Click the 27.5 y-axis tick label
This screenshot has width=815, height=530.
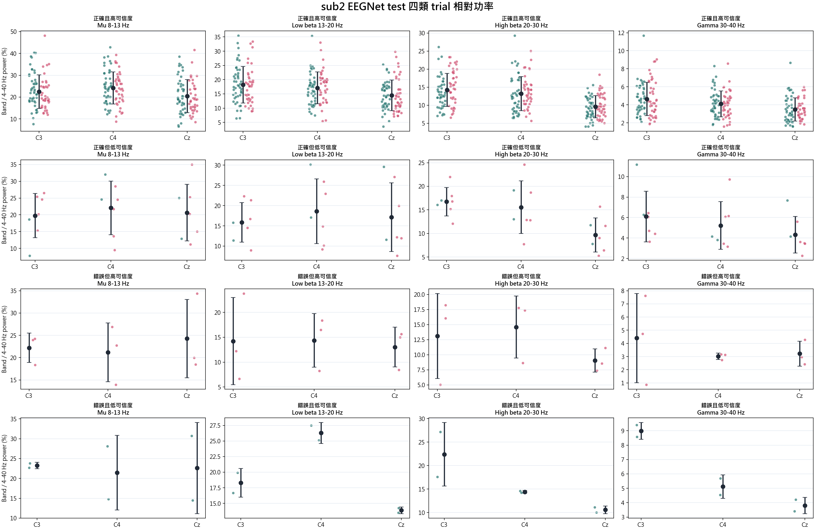tap(215, 425)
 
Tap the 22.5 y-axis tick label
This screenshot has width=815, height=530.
tap(215, 457)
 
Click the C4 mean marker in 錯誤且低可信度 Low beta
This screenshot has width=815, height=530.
tap(321, 433)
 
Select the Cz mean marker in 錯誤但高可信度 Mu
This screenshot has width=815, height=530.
tap(187, 339)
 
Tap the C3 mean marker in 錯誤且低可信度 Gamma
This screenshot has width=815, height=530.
tap(641, 431)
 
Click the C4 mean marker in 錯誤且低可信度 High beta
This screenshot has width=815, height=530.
tap(525, 492)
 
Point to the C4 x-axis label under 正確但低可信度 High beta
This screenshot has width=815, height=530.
tap(521, 267)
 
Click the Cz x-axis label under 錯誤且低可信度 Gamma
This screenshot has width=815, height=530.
tap(805, 525)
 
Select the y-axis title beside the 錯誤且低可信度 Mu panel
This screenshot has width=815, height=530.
tap(4, 468)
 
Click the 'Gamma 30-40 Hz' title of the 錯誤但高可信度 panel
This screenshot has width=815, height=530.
tap(721, 283)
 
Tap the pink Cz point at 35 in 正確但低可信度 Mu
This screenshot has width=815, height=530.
tap(192, 165)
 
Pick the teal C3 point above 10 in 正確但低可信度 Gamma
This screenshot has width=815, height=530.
tap(637, 165)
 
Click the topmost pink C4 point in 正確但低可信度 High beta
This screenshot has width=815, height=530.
tap(524, 165)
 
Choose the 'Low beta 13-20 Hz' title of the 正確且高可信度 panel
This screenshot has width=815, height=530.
tap(317, 25)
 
